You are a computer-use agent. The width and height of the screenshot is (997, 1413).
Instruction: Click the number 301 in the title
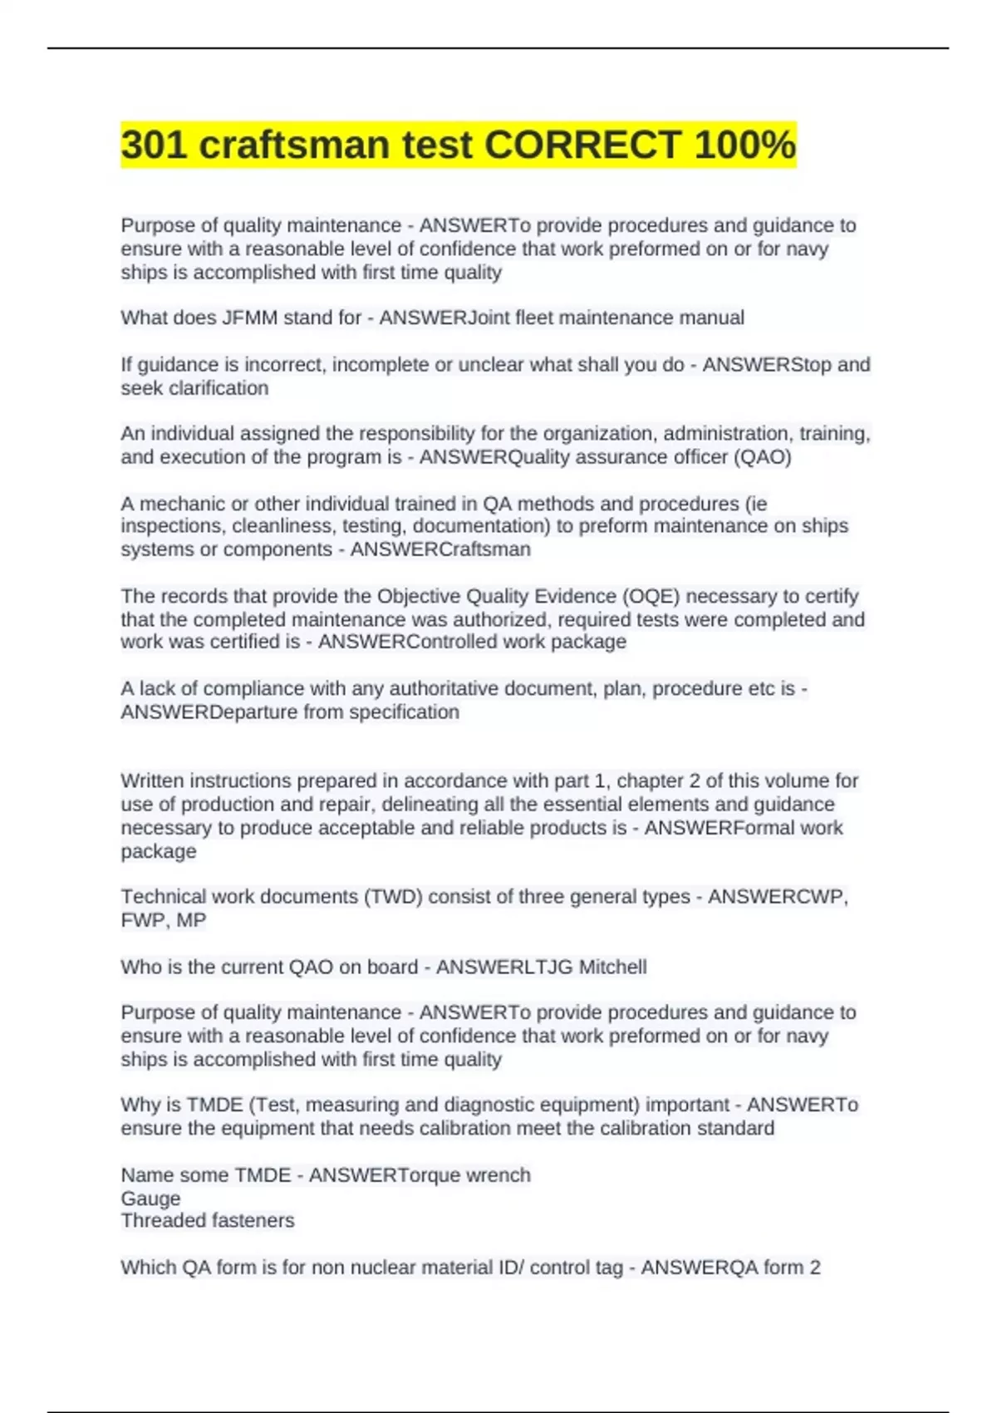155,145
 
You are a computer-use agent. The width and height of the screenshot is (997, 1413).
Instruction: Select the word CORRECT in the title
582,145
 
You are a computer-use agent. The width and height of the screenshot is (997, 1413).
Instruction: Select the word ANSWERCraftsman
440,549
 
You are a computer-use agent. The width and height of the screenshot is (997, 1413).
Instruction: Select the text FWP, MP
163,920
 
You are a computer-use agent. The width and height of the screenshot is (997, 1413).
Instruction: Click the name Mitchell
612,967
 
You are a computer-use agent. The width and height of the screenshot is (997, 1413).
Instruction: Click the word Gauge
150,1199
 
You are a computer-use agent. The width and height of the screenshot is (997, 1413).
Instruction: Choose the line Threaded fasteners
208,1221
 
